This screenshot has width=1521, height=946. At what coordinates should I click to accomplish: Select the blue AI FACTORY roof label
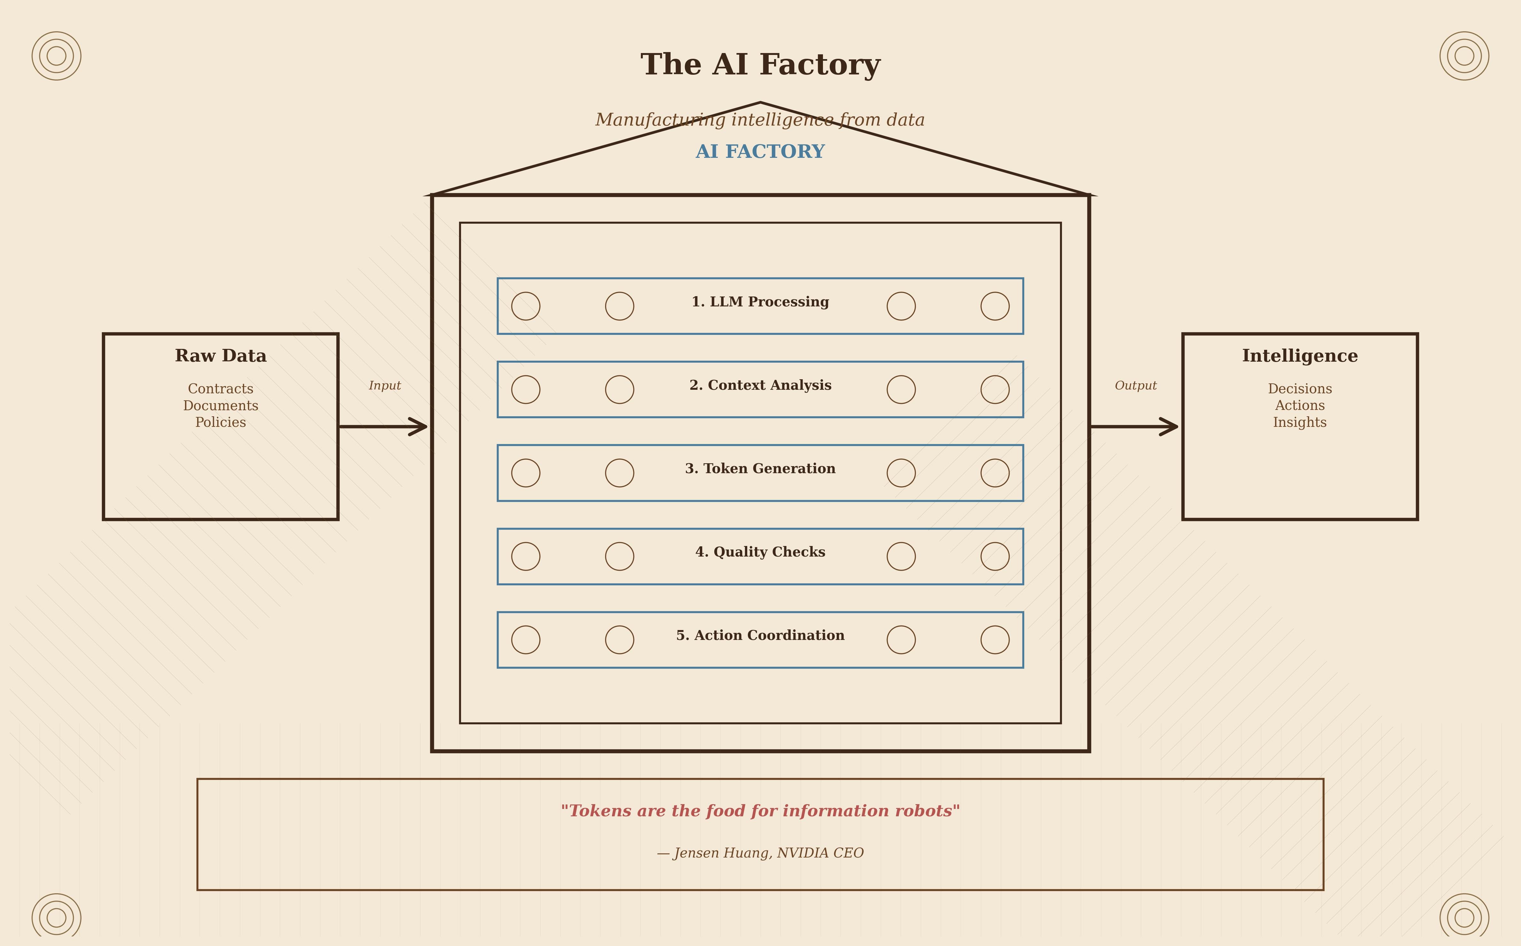point(760,151)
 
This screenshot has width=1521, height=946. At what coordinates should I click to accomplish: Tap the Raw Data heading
point(221,356)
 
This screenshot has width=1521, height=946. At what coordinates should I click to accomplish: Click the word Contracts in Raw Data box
point(221,389)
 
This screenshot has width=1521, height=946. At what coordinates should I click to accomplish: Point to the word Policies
point(221,422)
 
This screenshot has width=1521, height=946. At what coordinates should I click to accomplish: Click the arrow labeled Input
point(383,427)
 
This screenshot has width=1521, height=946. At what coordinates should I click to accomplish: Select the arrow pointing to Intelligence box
point(1134,427)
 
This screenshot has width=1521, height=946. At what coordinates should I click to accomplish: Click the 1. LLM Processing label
point(760,302)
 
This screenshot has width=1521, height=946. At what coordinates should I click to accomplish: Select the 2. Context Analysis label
point(760,385)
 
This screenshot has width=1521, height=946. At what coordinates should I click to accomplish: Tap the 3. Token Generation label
point(760,469)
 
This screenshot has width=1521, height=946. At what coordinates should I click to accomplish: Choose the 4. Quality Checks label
point(760,552)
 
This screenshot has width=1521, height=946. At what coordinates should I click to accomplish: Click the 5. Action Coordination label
point(760,636)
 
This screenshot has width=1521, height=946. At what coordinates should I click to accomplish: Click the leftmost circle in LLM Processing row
point(526,292)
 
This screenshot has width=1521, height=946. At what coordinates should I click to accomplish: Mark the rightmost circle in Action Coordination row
point(995,626)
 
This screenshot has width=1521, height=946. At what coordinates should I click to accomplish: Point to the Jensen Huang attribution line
point(760,853)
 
